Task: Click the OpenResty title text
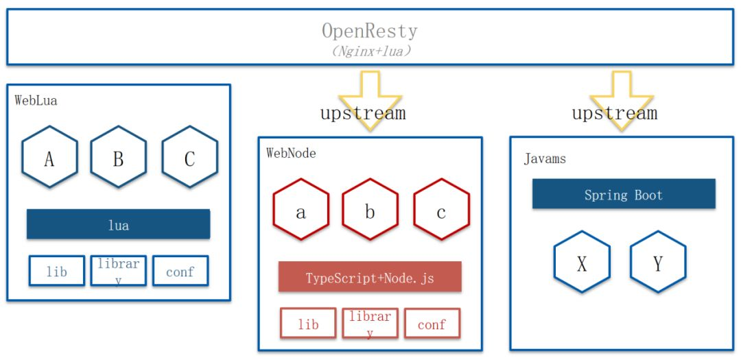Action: [370, 31]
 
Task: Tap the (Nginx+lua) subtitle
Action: [370, 51]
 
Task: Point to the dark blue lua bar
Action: [118, 224]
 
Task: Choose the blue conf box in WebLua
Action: [180, 271]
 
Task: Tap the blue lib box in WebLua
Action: [57, 271]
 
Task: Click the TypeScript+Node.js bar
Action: [370, 276]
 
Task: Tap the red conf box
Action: [432, 323]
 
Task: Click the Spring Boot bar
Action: [624, 193]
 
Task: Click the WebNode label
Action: [291, 153]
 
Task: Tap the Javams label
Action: [545, 158]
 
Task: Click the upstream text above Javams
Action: [614, 113]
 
